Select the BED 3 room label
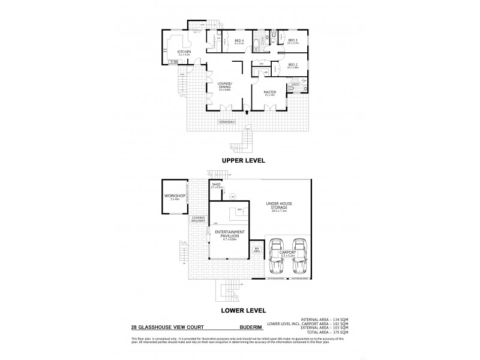(x=292, y=40)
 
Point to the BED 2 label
(x=292, y=65)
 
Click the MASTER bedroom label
(x=269, y=92)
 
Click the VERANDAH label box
(x=227, y=122)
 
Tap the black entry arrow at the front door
(x=247, y=112)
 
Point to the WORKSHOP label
(x=172, y=196)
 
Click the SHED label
(x=216, y=184)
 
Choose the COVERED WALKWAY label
(x=199, y=220)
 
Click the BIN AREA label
(x=257, y=249)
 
